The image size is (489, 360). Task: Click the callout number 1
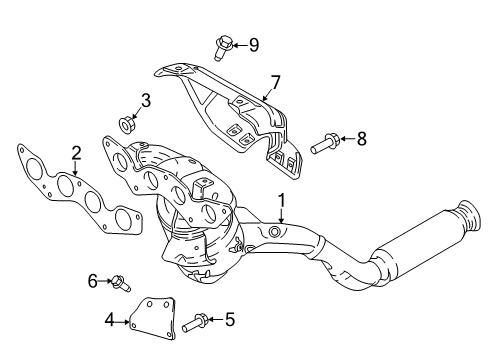(x=282, y=201)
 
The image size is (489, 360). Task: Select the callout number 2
(x=76, y=153)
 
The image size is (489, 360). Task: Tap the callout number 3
(x=146, y=100)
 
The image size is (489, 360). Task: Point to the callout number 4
(x=109, y=321)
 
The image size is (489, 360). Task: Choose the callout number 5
(x=230, y=319)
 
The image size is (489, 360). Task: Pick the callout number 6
(x=93, y=281)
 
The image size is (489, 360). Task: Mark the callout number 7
(x=275, y=82)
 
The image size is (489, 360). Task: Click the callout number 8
(x=362, y=138)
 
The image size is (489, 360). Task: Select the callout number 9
(x=254, y=45)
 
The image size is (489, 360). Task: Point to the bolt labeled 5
(x=195, y=322)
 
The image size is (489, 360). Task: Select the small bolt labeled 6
(x=120, y=282)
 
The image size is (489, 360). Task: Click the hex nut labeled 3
(x=126, y=124)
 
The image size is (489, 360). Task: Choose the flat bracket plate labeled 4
(x=152, y=318)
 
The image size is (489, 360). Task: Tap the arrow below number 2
(x=76, y=168)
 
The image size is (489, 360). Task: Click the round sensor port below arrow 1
(x=274, y=231)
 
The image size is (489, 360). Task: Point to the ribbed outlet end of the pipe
(x=470, y=215)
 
